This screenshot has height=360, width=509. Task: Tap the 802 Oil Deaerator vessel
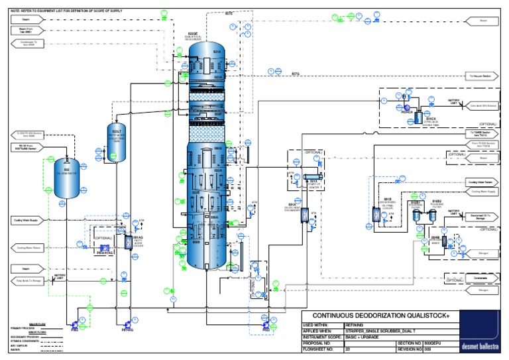pos(66,178)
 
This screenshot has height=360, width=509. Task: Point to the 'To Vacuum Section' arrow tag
pos(481,76)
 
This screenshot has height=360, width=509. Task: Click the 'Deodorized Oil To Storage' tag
pos(481,216)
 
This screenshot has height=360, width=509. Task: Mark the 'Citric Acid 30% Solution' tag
pos(481,105)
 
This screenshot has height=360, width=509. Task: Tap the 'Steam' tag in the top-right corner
pos(481,21)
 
